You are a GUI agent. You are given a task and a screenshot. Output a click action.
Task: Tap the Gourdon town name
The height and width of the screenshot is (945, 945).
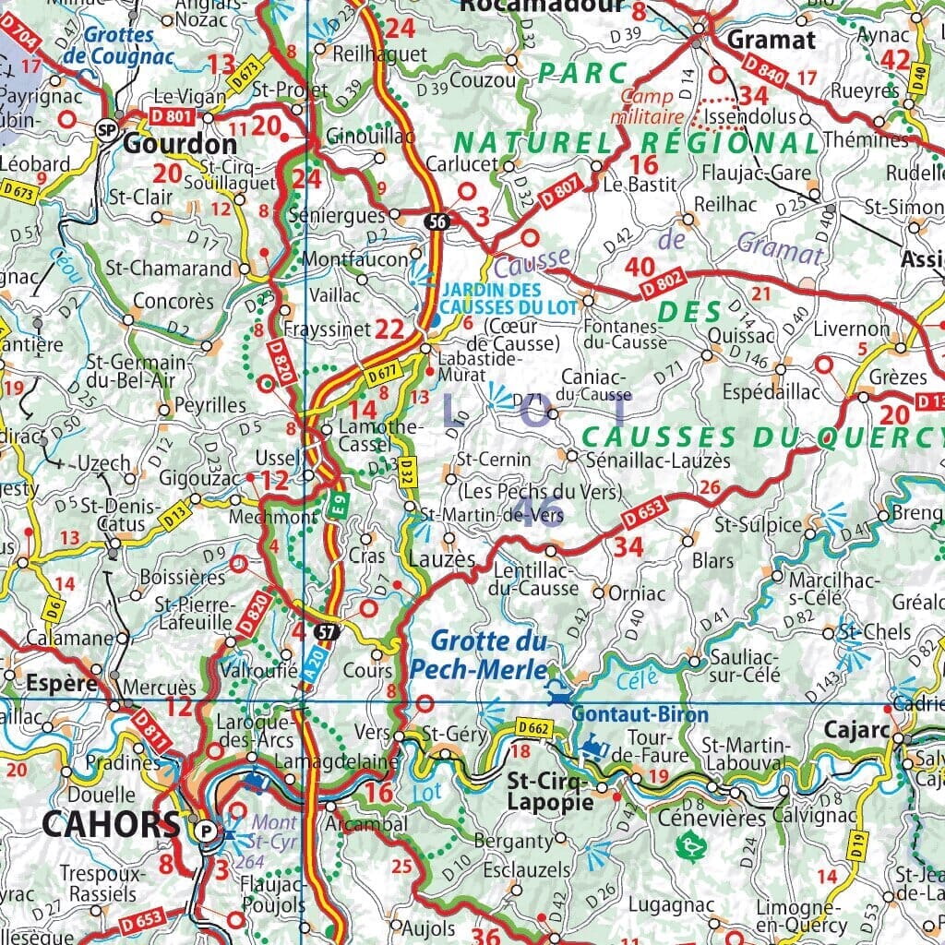point(180,145)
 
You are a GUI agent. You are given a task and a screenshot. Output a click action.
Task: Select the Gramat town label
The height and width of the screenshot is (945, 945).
point(772,40)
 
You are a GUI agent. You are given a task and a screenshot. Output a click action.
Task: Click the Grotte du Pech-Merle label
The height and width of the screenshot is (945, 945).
point(489,654)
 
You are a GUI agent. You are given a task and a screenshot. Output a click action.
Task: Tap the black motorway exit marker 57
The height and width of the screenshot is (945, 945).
point(325,632)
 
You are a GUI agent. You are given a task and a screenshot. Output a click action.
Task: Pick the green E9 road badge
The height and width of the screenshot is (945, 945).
point(339,508)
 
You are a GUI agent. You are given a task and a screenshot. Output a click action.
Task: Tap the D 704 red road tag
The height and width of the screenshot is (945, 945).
point(20,34)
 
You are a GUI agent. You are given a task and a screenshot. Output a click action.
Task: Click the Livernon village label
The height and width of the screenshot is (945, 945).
point(851,329)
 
